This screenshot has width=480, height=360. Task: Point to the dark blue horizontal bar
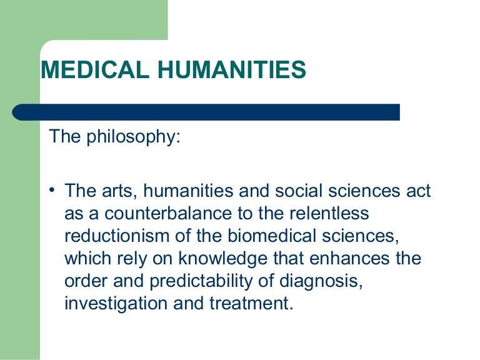206,112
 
